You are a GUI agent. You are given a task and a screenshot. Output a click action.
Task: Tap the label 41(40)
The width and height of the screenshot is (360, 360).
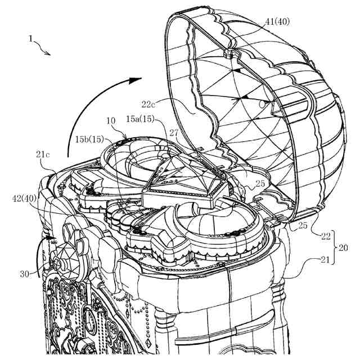coord(278,22)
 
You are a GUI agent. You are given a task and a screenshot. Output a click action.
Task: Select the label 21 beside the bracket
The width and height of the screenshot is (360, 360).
coord(326,260)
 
